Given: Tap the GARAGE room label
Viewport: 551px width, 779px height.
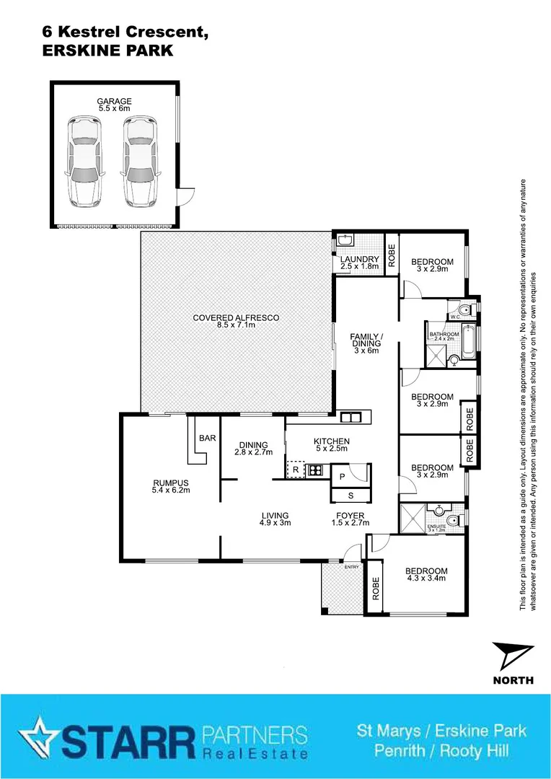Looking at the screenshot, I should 115,102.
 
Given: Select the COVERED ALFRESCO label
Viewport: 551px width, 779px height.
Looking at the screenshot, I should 237,317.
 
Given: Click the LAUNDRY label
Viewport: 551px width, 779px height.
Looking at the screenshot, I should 360,260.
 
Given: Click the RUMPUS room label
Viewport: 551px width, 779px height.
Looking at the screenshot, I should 170,483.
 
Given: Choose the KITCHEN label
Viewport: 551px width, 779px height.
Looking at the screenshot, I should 331,441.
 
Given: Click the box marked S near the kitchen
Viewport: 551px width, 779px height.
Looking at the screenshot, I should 351,496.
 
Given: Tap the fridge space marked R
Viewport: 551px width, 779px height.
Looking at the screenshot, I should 295,470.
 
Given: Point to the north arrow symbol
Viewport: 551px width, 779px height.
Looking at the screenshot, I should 513,657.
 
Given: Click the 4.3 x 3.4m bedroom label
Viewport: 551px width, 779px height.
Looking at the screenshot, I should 427,573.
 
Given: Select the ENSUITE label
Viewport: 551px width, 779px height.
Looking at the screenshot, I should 437,527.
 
